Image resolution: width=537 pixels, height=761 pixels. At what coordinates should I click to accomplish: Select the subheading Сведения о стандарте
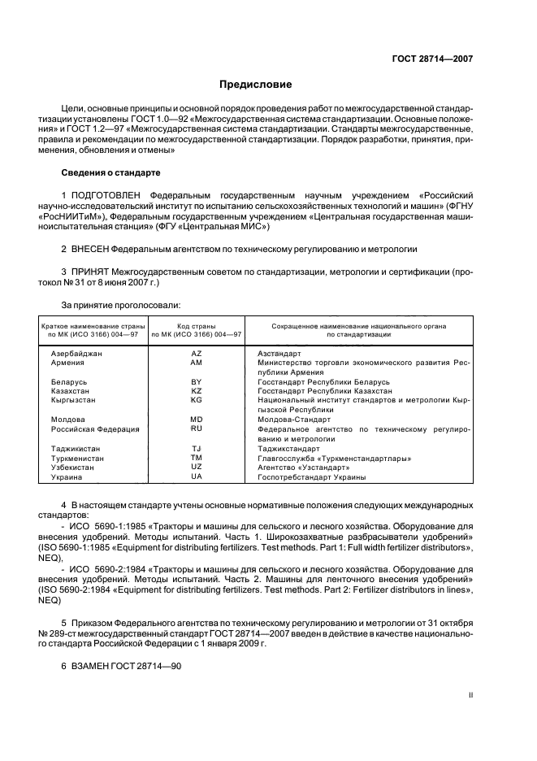[111, 173]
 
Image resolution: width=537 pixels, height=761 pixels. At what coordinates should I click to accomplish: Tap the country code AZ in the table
[196, 354]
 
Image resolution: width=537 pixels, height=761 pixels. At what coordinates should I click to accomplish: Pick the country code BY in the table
[196, 381]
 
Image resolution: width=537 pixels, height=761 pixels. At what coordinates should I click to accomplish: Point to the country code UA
[196, 477]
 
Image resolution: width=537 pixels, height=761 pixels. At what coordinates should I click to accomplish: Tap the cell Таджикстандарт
[288, 449]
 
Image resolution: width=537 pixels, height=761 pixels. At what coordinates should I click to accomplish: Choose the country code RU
[196, 428]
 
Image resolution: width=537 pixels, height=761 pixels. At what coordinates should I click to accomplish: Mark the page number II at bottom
[471, 695]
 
